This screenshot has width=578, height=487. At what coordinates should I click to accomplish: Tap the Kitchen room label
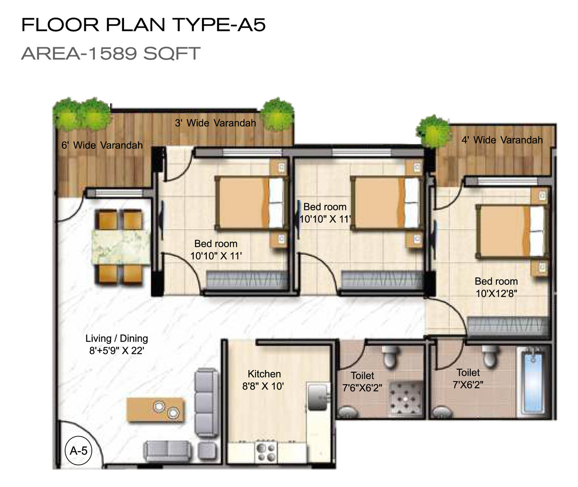coord(264,374)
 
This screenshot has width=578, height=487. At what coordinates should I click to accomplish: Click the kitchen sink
coord(318,396)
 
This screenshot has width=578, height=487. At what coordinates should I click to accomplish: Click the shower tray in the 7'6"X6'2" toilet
coord(406,399)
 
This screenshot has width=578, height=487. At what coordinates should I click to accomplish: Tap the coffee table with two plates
coord(155,410)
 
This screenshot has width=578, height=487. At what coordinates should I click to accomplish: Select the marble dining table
coord(121,247)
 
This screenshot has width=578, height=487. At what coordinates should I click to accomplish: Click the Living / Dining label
coord(117,338)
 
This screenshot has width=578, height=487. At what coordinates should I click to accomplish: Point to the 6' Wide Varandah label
coord(102,145)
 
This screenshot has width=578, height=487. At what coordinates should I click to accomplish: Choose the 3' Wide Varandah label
coord(215,123)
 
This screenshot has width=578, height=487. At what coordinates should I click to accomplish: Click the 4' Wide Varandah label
coord(502,140)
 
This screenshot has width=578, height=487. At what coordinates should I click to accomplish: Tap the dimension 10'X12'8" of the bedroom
coord(496,293)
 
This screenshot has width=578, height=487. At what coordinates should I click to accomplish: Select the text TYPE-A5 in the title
coord(219,25)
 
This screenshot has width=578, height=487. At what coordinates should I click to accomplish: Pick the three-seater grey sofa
coord(206,403)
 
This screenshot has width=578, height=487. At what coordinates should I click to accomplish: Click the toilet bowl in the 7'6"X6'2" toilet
coord(391,356)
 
